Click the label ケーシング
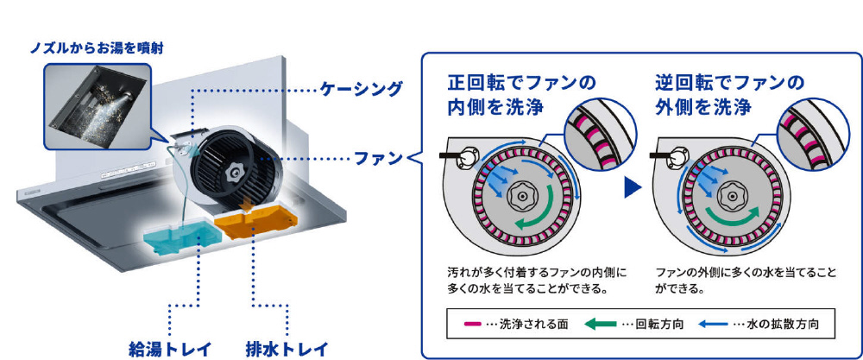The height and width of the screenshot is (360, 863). coord(361,89)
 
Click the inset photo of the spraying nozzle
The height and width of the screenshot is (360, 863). coord(96,103)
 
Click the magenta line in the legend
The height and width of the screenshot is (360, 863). coord(472,325)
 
